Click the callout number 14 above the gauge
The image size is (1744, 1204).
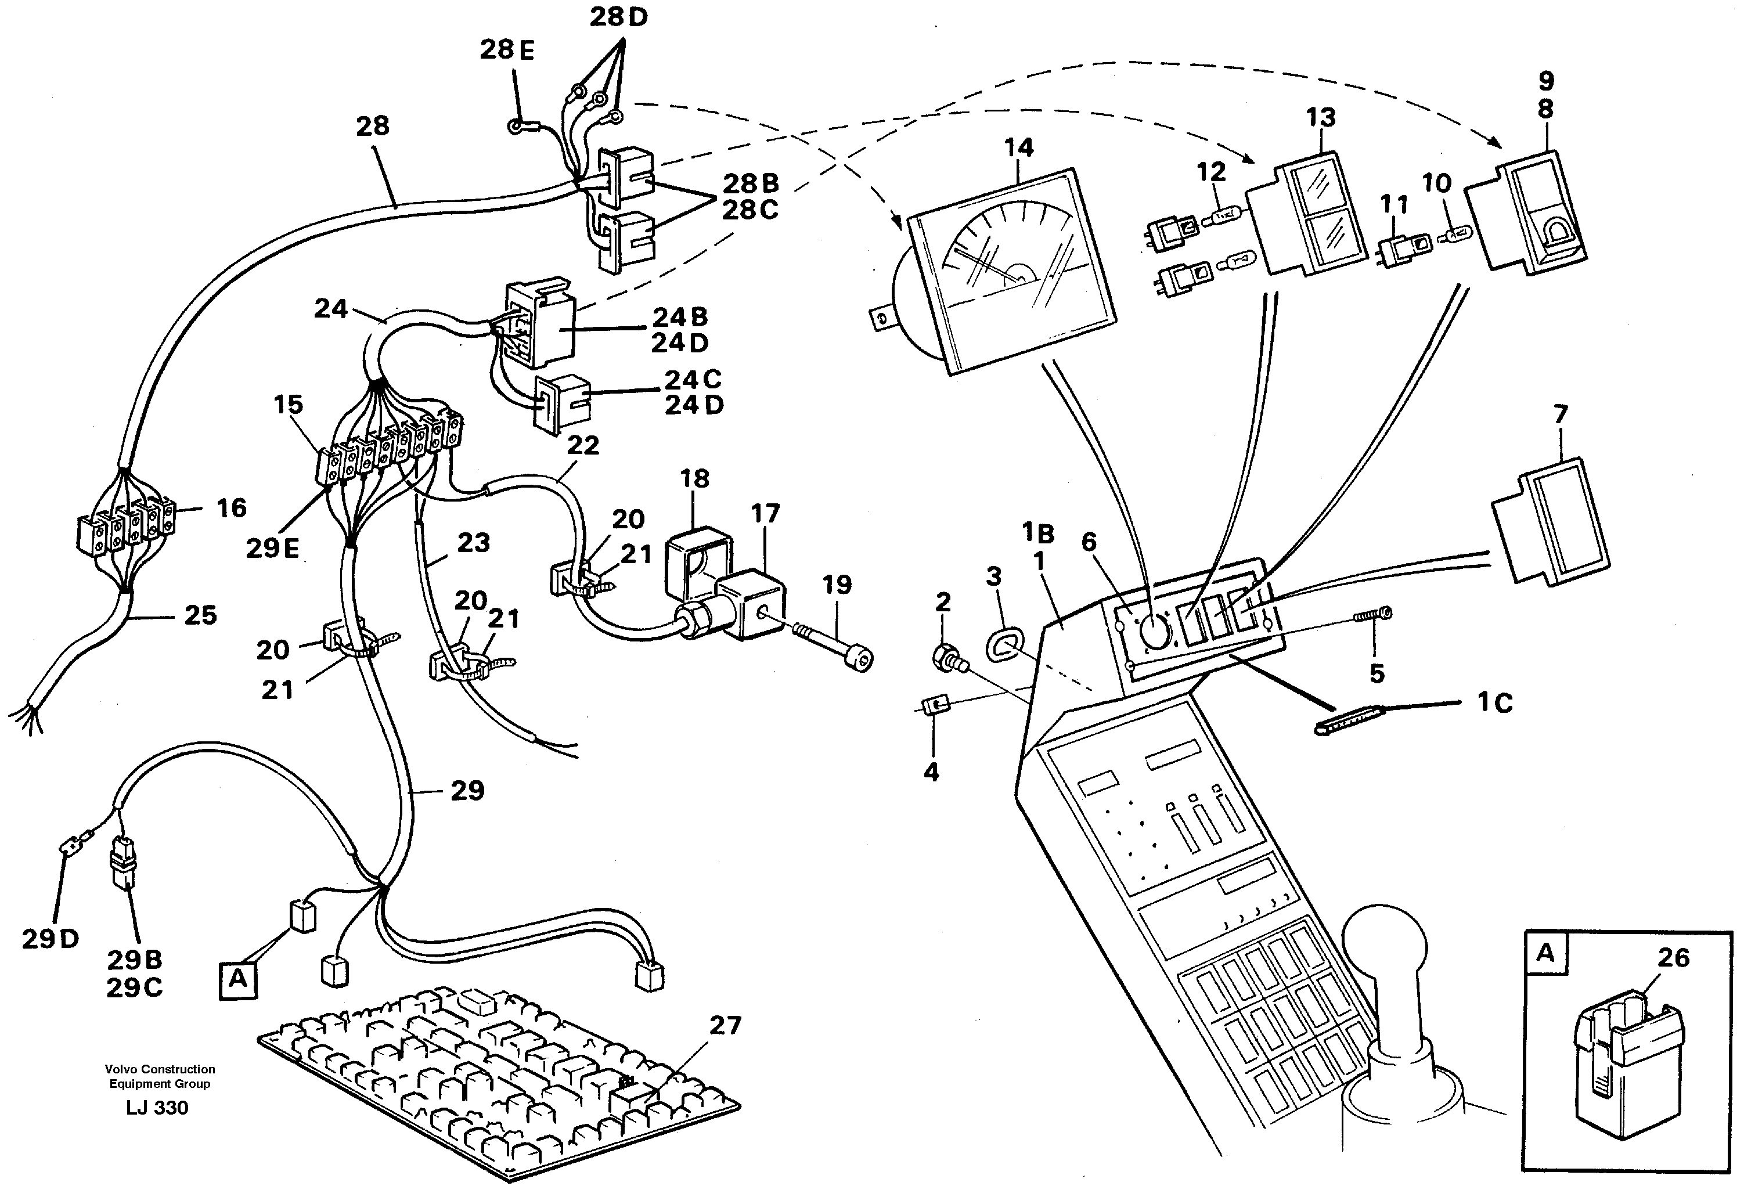pyautogui.click(x=1018, y=148)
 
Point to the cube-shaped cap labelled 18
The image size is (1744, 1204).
pyautogui.click(x=697, y=562)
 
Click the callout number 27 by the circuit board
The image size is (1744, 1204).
pyautogui.click(x=725, y=1025)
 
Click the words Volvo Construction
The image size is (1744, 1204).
pyautogui.click(x=160, y=1069)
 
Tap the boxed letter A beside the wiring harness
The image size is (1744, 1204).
pyautogui.click(x=237, y=979)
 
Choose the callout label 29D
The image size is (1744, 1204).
pyautogui.click(x=50, y=939)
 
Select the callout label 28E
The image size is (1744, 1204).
pyautogui.click(x=507, y=51)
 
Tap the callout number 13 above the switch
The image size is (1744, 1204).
pyautogui.click(x=1320, y=118)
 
